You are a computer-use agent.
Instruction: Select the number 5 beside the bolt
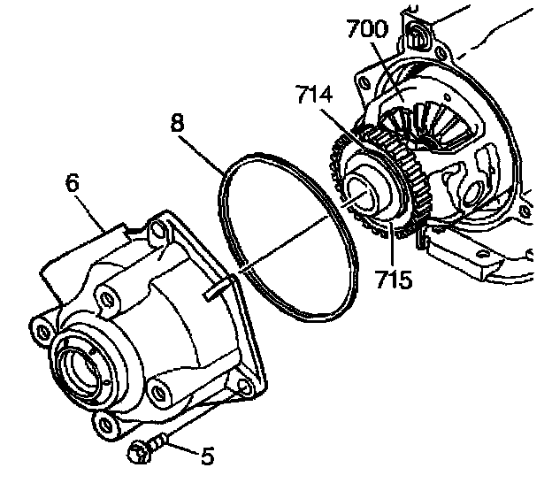(207, 456)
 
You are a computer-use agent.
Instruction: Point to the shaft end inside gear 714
(363, 190)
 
